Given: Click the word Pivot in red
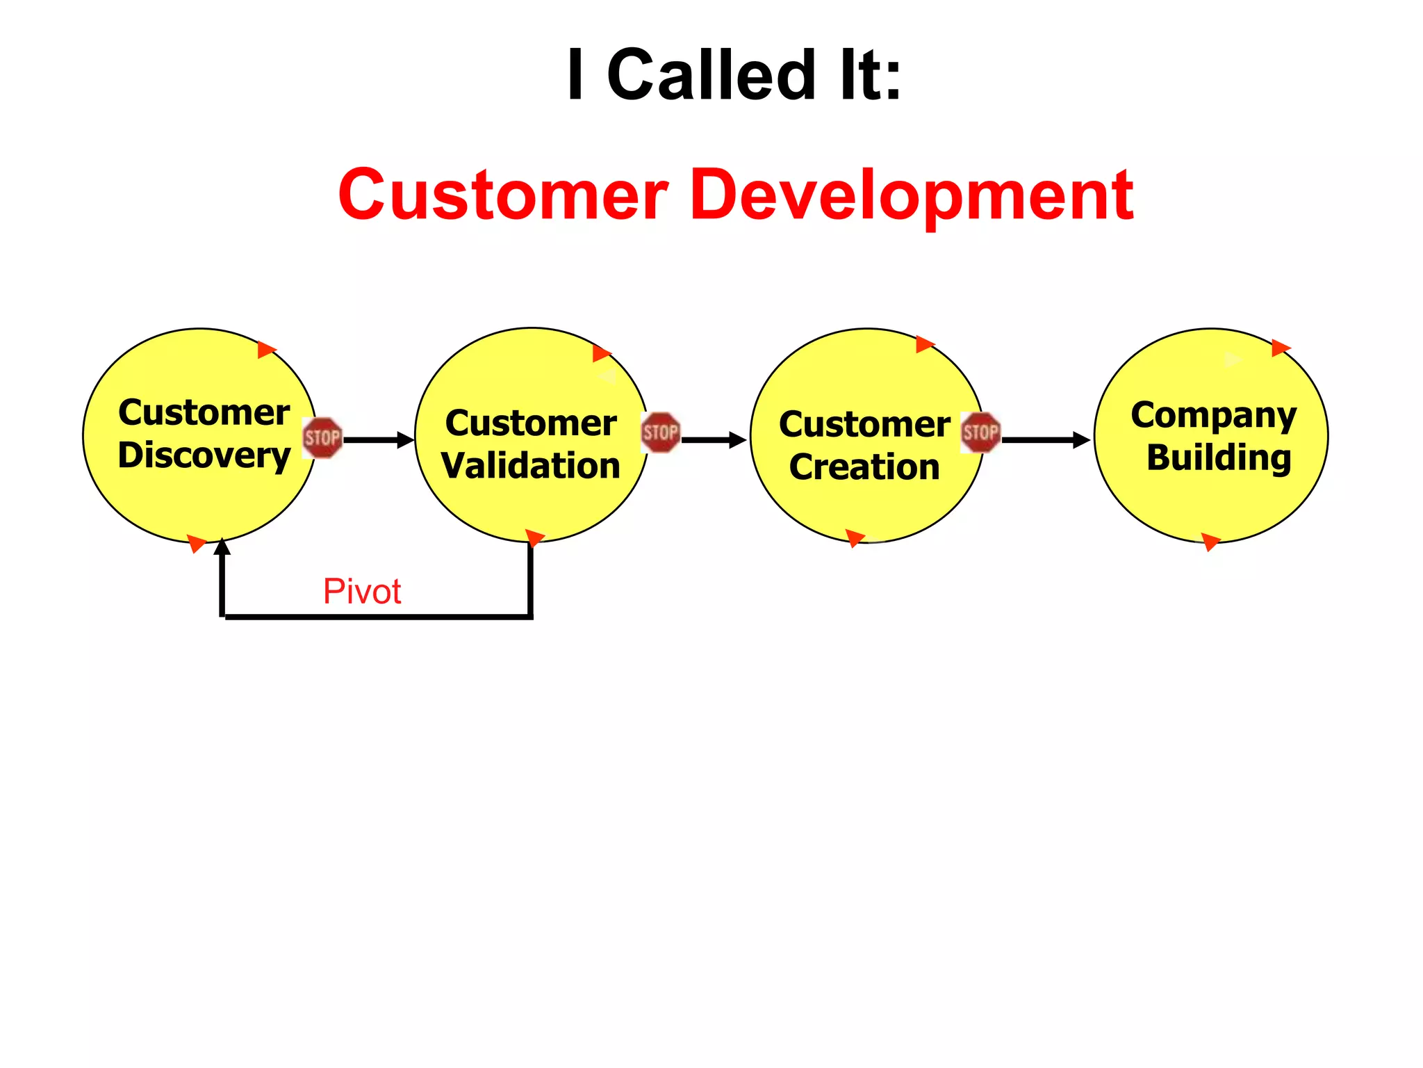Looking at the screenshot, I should [362, 592].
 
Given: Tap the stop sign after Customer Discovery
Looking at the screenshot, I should [322, 437].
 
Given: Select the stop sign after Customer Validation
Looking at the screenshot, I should [660, 432].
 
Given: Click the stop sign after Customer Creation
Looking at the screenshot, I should [980, 432].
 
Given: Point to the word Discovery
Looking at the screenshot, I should [204, 456].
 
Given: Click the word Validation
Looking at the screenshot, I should [531, 466].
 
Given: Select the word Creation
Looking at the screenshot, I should [864, 467].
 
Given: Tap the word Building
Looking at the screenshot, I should [1219, 458].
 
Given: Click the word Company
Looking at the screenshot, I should [1213, 416].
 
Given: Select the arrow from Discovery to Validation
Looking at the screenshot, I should [379, 440].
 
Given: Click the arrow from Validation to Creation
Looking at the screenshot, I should [714, 440].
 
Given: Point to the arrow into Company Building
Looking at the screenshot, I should [1046, 440].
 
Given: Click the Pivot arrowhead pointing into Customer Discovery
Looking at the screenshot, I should [222, 547].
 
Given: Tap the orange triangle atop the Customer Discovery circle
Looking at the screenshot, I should [266, 349].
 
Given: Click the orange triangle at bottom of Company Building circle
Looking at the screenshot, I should [1210, 542].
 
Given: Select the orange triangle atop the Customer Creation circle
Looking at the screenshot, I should [925, 343].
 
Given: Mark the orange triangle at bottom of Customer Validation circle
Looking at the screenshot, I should [534, 537].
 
